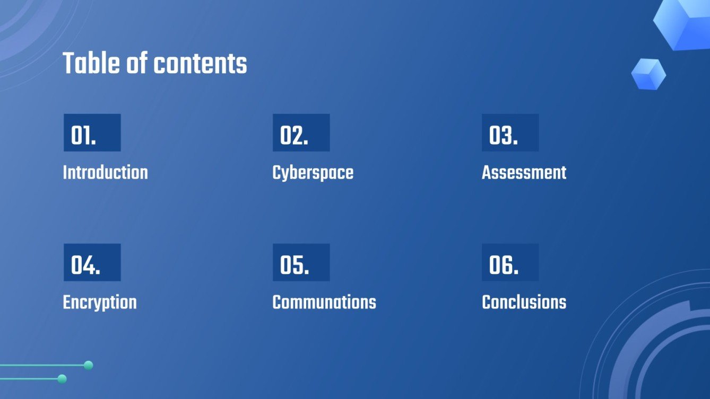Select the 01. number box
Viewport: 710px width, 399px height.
[x=92, y=133]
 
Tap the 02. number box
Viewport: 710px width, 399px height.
[x=301, y=133]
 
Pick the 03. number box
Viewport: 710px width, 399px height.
[x=510, y=133]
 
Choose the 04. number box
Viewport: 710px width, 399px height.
[x=92, y=263]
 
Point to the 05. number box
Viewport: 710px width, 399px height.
[x=301, y=263]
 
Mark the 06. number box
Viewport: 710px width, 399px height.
[x=510, y=263]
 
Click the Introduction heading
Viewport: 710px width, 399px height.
[x=105, y=173]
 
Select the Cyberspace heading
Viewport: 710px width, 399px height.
[x=313, y=173]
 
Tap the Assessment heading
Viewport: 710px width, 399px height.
[x=524, y=173]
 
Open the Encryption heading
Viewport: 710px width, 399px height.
[x=100, y=303]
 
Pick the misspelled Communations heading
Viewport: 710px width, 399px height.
[x=324, y=303]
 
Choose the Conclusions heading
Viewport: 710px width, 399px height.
[x=524, y=303]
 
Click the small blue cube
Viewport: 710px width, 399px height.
[x=648, y=74]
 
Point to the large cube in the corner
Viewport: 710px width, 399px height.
[x=685, y=24]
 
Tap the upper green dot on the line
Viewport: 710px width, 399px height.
[x=89, y=365]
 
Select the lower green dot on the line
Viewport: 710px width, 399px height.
[x=62, y=379]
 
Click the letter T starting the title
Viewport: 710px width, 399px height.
[x=68, y=64]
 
